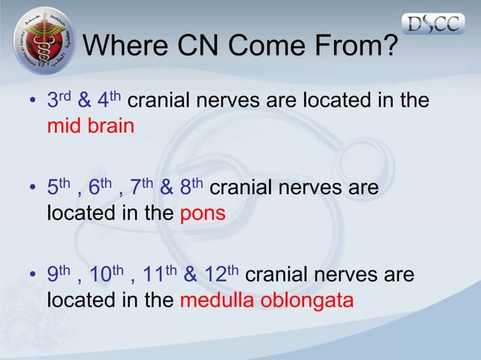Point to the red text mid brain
click(x=90, y=125)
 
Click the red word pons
click(x=203, y=213)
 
